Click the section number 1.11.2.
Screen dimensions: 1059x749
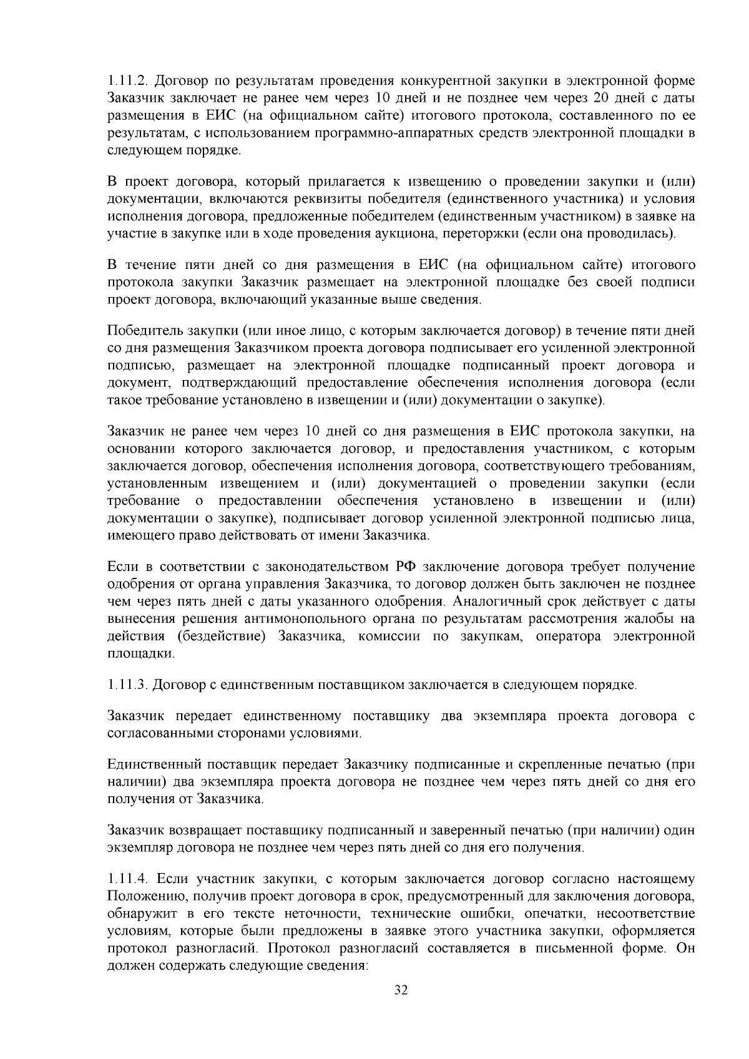click(127, 81)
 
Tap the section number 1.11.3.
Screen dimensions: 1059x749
click(127, 685)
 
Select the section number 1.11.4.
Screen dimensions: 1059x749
click(127, 879)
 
